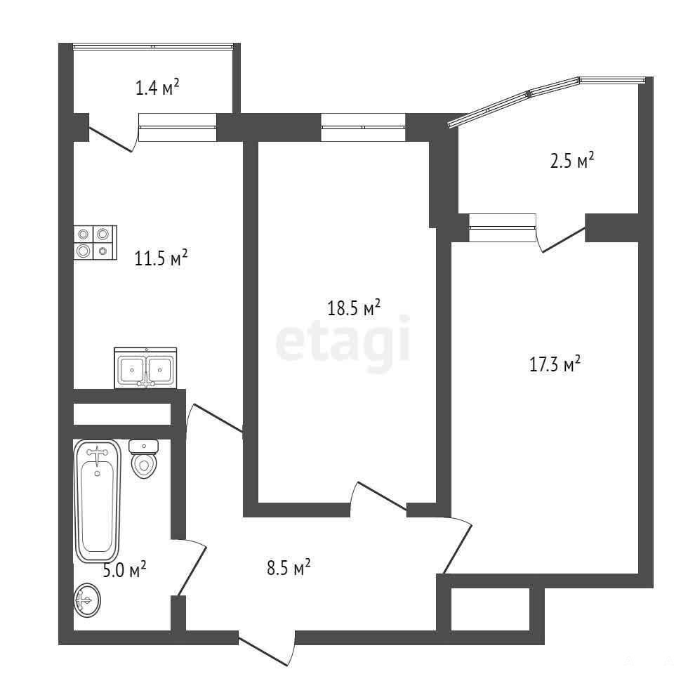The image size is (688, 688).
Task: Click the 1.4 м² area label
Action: point(157,88)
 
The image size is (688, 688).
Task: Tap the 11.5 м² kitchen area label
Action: point(161,258)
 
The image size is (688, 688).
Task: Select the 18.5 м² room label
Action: point(354,307)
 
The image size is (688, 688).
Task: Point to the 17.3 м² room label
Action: point(555,364)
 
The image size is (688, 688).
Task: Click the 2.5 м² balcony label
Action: point(572,160)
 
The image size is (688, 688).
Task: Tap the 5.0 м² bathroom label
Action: point(124,570)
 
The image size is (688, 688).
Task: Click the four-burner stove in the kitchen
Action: point(95,242)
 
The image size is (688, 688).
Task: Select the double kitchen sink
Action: point(146,368)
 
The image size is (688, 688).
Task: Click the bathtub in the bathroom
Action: point(98,501)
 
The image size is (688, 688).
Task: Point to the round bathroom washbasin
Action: point(87,600)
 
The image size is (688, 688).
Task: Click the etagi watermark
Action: point(343,343)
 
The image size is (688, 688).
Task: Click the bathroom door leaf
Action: point(191,570)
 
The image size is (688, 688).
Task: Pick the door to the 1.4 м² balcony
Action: point(111,140)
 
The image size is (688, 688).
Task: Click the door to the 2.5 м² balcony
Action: point(564,240)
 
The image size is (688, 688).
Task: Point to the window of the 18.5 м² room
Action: point(363,127)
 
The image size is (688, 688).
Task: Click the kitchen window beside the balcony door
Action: point(178,127)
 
